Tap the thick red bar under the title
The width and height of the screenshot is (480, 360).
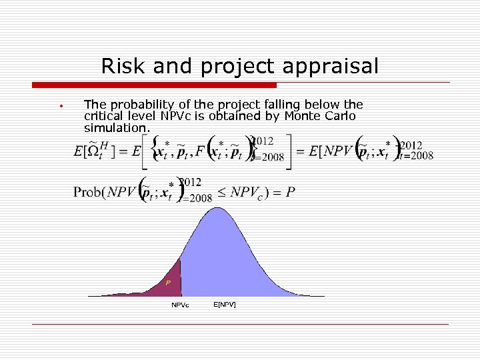[154, 85]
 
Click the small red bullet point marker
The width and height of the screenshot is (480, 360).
[60, 106]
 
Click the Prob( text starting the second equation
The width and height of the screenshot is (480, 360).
[91, 192]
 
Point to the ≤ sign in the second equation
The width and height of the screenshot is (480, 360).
[221, 192]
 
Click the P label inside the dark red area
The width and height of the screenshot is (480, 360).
[168, 283]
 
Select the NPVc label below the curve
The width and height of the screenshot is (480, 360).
[180, 305]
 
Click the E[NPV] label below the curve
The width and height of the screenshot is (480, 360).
[224, 305]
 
